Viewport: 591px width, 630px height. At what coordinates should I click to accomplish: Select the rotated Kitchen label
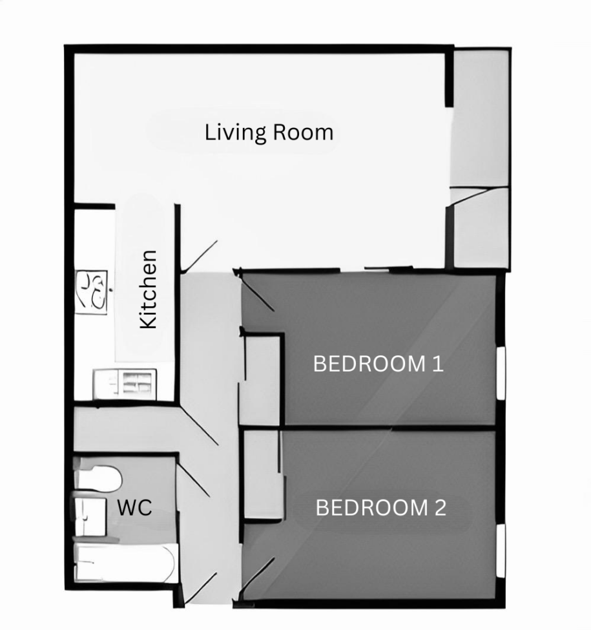(149, 289)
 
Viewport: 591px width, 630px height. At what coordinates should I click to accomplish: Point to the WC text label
(134, 507)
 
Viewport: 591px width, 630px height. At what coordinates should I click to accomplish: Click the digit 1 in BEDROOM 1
(437, 364)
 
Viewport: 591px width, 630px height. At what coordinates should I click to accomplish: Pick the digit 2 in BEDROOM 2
(439, 508)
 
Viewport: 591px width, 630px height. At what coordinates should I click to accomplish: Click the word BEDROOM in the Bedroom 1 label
(368, 364)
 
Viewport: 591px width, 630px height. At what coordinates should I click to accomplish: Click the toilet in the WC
(98, 479)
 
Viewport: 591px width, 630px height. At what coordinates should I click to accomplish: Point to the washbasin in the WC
(89, 515)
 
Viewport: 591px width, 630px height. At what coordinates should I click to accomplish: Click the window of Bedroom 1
(501, 373)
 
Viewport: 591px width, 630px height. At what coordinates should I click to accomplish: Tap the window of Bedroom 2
(501, 551)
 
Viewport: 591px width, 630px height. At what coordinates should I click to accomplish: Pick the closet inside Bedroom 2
(262, 474)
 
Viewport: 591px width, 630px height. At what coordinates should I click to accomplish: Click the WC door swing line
(193, 479)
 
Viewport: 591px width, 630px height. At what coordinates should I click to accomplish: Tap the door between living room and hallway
(200, 256)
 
